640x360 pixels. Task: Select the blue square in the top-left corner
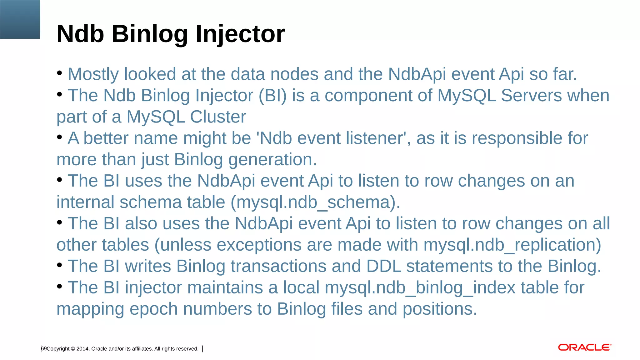point(20,19)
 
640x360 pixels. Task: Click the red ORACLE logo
point(585,347)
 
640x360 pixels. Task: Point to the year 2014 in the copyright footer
point(82,349)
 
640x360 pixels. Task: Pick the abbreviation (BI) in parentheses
point(272,95)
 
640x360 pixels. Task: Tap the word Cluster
point(218,117)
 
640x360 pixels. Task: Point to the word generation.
point(272,159)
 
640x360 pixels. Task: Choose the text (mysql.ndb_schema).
point(315,202)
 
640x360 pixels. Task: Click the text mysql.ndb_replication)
point(512,245)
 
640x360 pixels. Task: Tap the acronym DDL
point(383,266)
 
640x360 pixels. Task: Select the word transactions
point(278,266)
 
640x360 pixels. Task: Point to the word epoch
point(153,309)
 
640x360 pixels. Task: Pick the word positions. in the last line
point(440,309)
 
